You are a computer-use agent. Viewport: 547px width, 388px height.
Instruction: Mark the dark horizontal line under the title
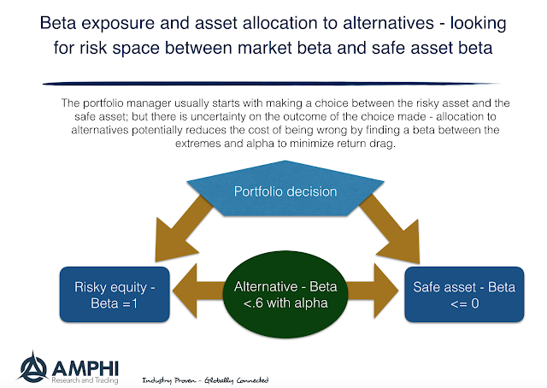[x=273, y=82]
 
